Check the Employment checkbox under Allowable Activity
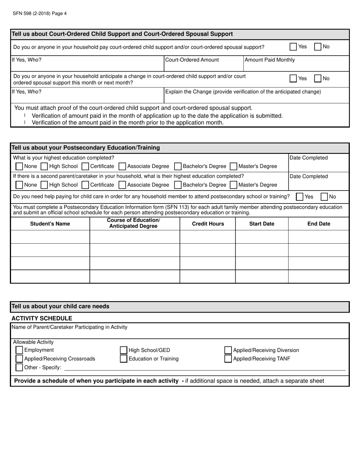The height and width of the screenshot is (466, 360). pyautogui.click(x=19, y=350)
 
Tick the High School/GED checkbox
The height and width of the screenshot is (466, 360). pyautogui.click(x=124, y=350)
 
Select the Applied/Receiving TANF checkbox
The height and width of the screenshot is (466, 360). pyautogui.click(x=228, y=359)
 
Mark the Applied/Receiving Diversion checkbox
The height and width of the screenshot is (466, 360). pyautogui.click(x=228, y=350)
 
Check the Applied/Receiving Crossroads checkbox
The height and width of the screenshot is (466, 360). pyautogui.click(x=19, y=359)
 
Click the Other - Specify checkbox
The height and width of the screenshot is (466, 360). pyautogui.click(x=19, y=367)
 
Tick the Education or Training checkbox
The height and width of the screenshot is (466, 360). pyautogui.click(x=124, y=359)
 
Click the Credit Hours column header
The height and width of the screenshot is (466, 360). pyautogui.click(x=208, y=224)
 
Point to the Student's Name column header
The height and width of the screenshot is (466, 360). pyautogui.click(x=50, y=224)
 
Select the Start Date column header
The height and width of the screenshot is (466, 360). pyautogui.click(x=261, y=224)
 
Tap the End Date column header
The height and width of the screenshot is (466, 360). pyautogui.click(x=319, y=224)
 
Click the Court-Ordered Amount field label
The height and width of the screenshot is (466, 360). pyautogui.click(x=192, y=60)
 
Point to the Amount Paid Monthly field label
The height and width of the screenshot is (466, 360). pyautogui.click(x=269, y=60)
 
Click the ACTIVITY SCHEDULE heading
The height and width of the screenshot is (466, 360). pyautogui.click(x=42, y=318)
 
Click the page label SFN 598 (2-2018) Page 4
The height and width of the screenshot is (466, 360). pyautogui.click(x=40, y=14)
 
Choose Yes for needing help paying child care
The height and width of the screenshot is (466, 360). pyautogui.click(x=299, y=197)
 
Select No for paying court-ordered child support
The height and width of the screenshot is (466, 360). pyautogui.click(x=318, y=47)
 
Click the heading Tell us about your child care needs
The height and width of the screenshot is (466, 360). pyautogui.click(x=61, y=306)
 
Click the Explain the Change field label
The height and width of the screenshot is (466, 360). pyautogui.click(x=243, y=92)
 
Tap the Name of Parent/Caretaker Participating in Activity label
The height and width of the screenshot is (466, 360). pyautogui.click(x=70, y=327)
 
